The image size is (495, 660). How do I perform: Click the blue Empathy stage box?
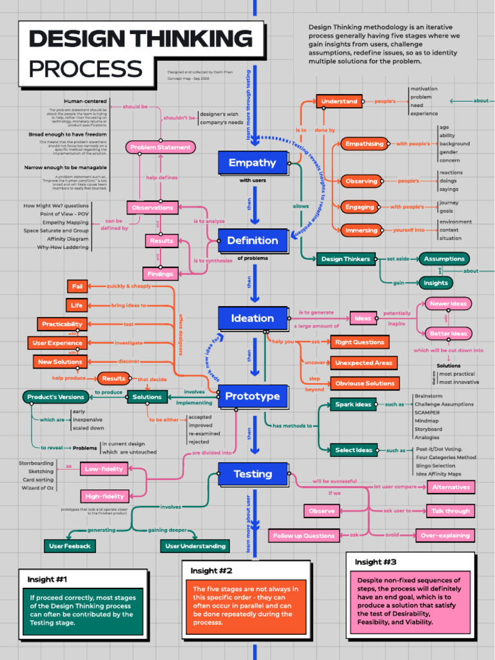pos(252,163)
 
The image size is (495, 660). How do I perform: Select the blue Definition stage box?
pos(252,241)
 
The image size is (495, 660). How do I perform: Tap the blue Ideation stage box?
pos(252,318)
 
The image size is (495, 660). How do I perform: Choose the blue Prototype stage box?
pos(252,396)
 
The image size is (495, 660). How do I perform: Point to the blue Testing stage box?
pos(252,474)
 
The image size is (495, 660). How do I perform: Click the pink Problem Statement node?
pos(160,148)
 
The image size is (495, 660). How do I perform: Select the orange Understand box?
pos(339,101)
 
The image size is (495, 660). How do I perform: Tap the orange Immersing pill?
pos(362,230)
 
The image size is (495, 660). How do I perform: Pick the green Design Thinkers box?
pos(345,259)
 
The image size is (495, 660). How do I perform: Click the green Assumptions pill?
pos(444,259)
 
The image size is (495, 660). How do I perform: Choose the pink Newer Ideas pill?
pos(448,304)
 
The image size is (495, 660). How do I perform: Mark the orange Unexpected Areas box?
pos(364,363)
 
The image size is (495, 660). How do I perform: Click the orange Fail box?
pos(77,286)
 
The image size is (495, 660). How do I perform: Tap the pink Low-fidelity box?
pos(104,469)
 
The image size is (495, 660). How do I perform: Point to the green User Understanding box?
pos(195,547)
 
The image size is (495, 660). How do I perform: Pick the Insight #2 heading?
pos(211,571)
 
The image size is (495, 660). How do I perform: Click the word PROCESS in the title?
pos(86,69)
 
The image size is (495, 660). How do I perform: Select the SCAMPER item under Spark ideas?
pos(427,412)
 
